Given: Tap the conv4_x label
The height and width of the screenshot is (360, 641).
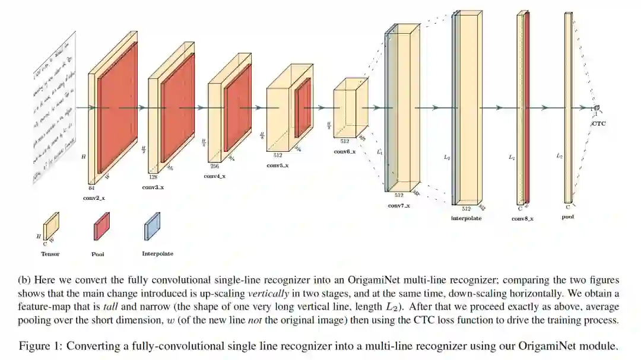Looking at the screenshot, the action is tap(214, 176).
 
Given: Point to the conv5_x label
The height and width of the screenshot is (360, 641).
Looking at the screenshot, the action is tap(277, 165).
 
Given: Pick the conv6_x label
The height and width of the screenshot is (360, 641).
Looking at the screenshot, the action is tap(344, 152).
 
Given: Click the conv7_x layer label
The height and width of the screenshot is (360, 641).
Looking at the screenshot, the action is tap(398, 205).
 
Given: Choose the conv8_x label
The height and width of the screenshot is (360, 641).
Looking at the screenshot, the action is tap(522, 218).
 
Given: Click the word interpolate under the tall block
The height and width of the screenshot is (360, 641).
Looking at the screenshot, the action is tap(466, 218).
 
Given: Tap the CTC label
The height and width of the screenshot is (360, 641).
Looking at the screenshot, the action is tap(599, 124).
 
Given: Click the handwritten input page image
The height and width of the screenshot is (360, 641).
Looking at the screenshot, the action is tap(55, 107).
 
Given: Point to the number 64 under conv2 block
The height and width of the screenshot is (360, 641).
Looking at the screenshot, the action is tap(91, 187).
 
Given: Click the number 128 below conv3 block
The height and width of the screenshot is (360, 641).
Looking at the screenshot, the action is tap(153, 177).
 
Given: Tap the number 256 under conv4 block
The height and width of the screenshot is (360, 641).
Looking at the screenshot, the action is tap(214, 167).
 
